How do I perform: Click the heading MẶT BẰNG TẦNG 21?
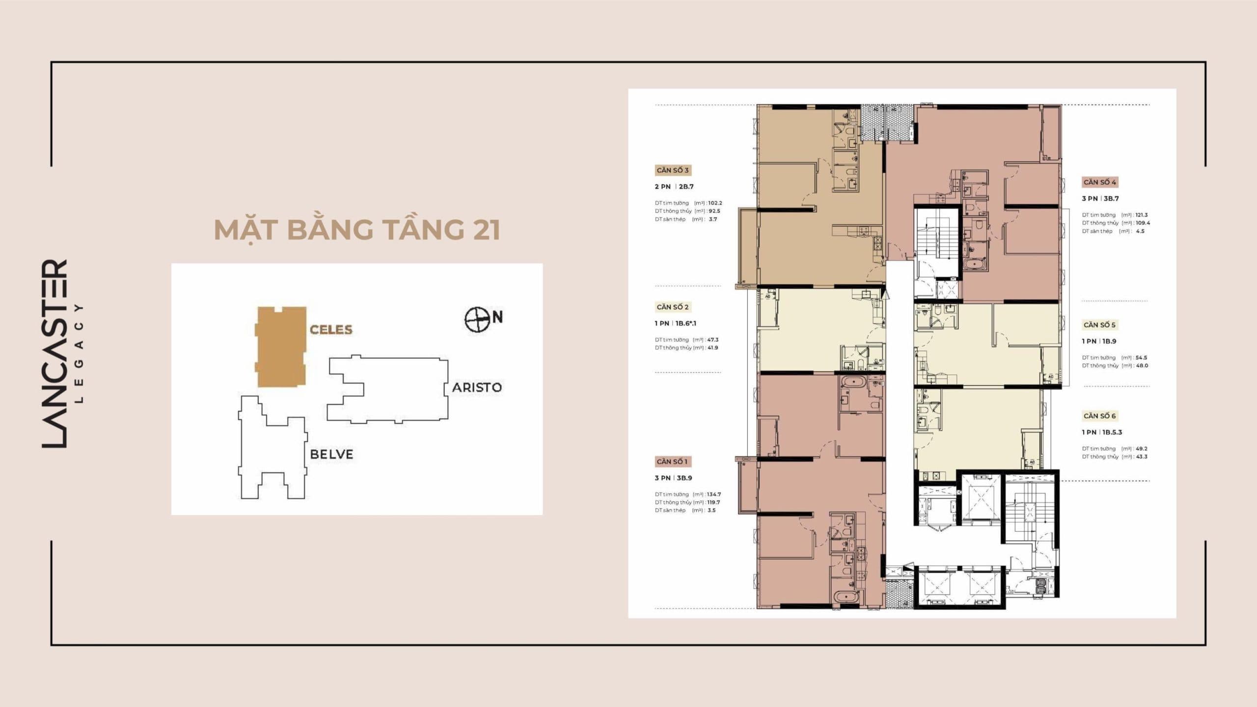(357, 230)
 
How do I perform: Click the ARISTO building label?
(477, 387)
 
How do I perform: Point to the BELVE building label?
(331, 454)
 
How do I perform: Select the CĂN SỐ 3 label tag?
(672, 170)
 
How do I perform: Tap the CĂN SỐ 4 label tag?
(1099, 182)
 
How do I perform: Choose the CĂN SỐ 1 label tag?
(672, 462)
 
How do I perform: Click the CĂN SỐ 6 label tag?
(1099, 416)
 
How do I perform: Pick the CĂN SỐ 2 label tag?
(672, 307)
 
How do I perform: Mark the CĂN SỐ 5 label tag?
(1099, 325)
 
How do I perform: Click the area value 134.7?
(714, 494)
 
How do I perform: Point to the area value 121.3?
(1142, 215)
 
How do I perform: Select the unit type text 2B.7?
(686, 187)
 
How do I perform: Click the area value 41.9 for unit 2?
(712, 348)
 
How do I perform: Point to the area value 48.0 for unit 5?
(1142, 366)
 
